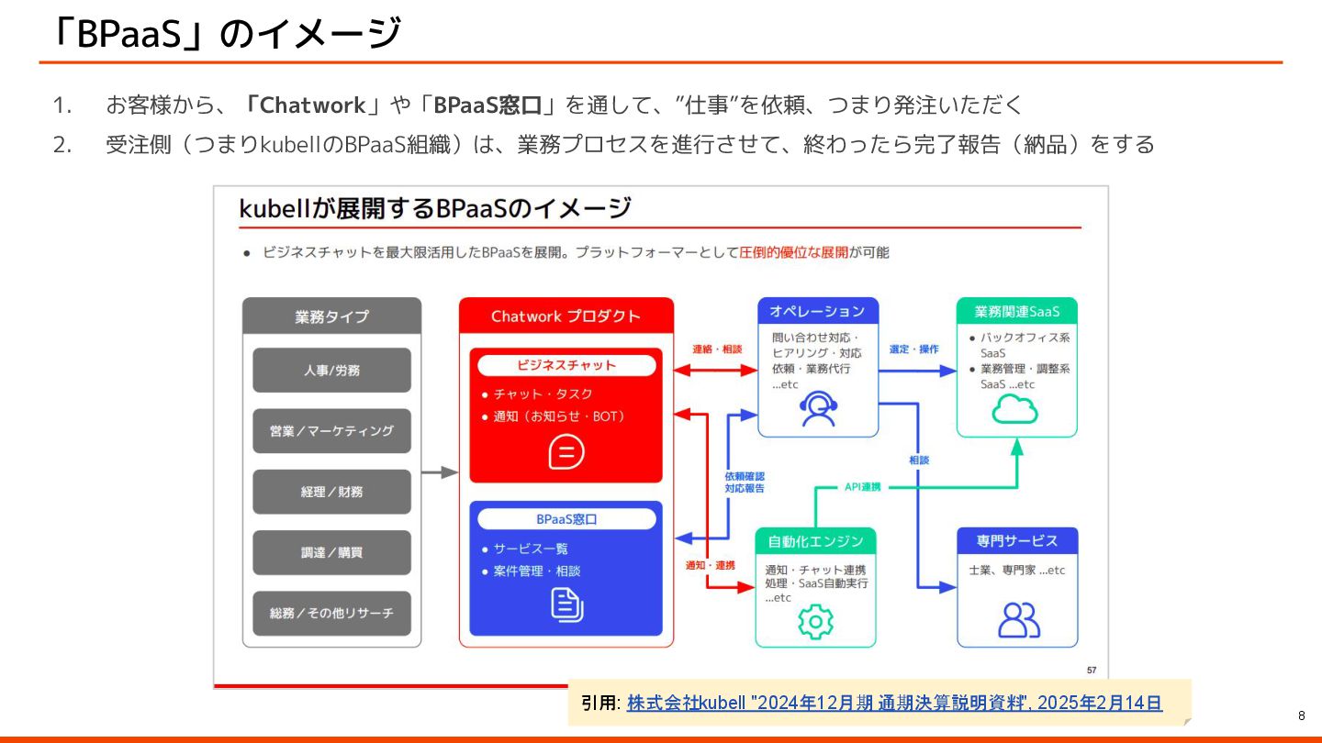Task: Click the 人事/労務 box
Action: click(331, 371)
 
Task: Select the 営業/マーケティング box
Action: click(331, 431)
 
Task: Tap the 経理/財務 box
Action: click(331, 492)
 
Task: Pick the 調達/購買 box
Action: click(331, 552)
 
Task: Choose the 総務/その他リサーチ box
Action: click(331, 613)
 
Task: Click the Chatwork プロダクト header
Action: click(566, 316)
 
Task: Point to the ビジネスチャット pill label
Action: click(566, 365)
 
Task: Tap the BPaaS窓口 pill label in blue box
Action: click(566, 519)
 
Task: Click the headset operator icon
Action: click(817, 408)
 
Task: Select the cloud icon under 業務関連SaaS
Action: click(1015, 409)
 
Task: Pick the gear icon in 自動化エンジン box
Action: click(815, 622)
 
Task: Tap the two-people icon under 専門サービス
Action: click(1018, 619)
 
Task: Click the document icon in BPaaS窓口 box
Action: click(566, 604)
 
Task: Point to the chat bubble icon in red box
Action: click(566, 451)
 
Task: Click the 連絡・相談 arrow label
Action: click(716, 349)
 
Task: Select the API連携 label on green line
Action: click(862, 487)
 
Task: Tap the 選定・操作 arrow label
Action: click(913, 349)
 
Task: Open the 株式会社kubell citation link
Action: click(894, 704)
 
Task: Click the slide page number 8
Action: click(1301, 715)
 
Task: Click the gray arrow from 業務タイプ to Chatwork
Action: click(440, 472)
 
